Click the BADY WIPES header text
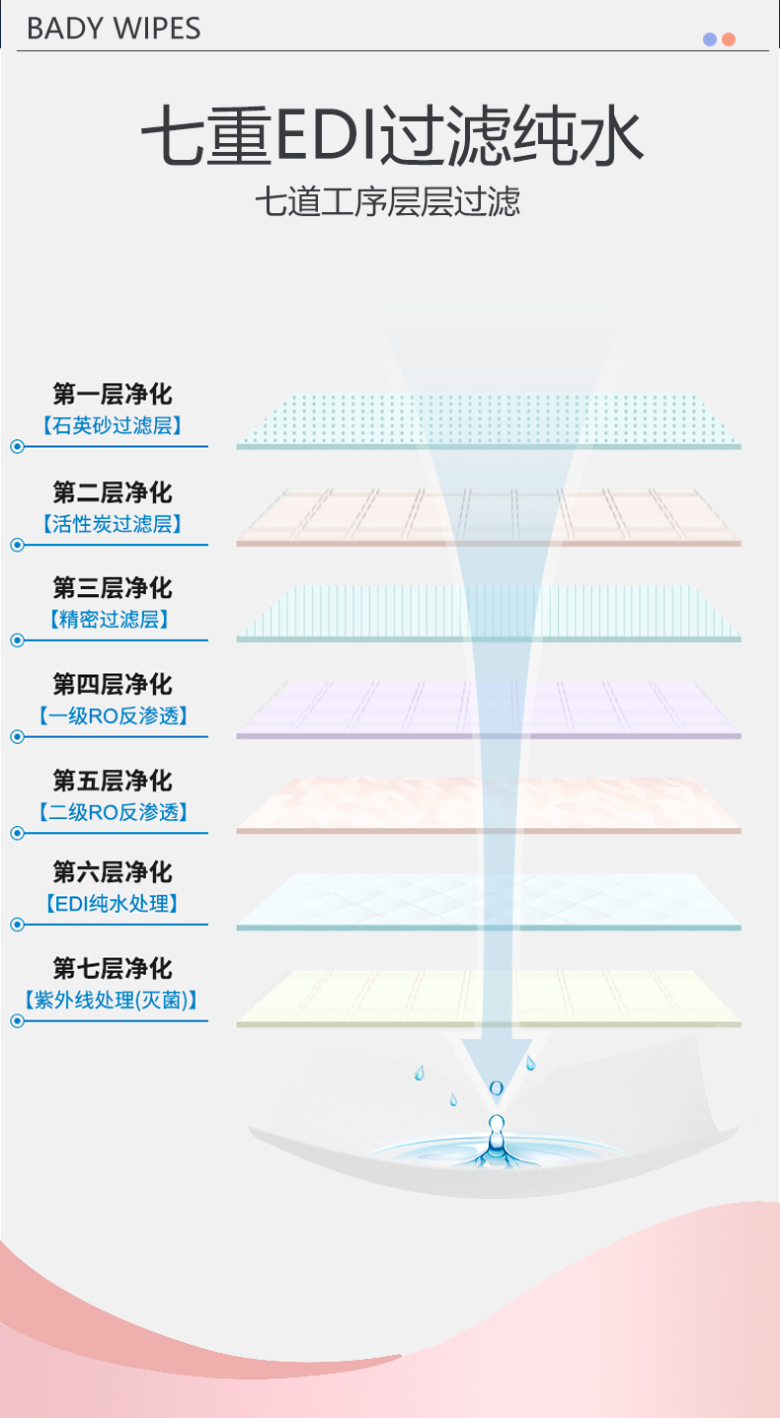click(x=114, y=29)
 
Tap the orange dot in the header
click(x=729, y=39)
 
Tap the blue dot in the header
click(x=709, y=39)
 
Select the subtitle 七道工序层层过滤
click(x=387, y=202)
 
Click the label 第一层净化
click(x=113, y=395)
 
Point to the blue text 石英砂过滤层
click(x=113, y=426)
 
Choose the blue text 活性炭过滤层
click(x=113, y=524)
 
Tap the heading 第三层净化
click(x=113, y=588)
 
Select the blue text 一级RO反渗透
click(x=113, y=716)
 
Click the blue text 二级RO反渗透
click(x=113, y=813)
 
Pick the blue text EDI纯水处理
click(x=113, y=903)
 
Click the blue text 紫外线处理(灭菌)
click(x=111, y=1000)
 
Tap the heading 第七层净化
click(x=113, y=967)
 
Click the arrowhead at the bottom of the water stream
click(x=497, y=1061)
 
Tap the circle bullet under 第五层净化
click(x=17, y=833)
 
